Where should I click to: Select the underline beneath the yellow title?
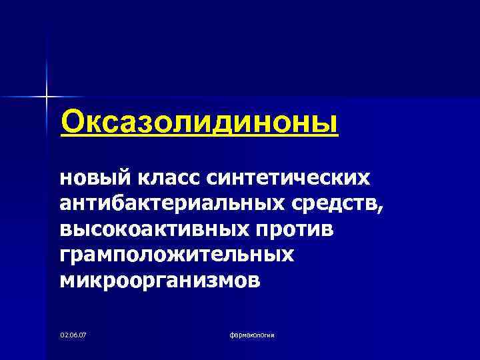[199, 135]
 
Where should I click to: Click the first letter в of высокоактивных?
[65, 229]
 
